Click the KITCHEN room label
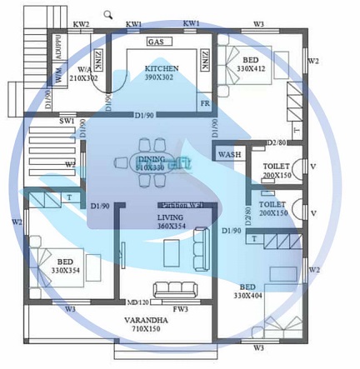pos(162,68)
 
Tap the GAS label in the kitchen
pos(156,42)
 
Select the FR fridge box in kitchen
pos(204,104)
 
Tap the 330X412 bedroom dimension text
pos(250,71)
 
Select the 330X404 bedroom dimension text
pos(248,296)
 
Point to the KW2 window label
pos(81,25)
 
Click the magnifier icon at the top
pos(108,14)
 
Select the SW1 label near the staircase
pos(67,122)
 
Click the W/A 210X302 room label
pos(83,73)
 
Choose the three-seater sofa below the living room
pos(175,289)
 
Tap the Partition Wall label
pos(183,204)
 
